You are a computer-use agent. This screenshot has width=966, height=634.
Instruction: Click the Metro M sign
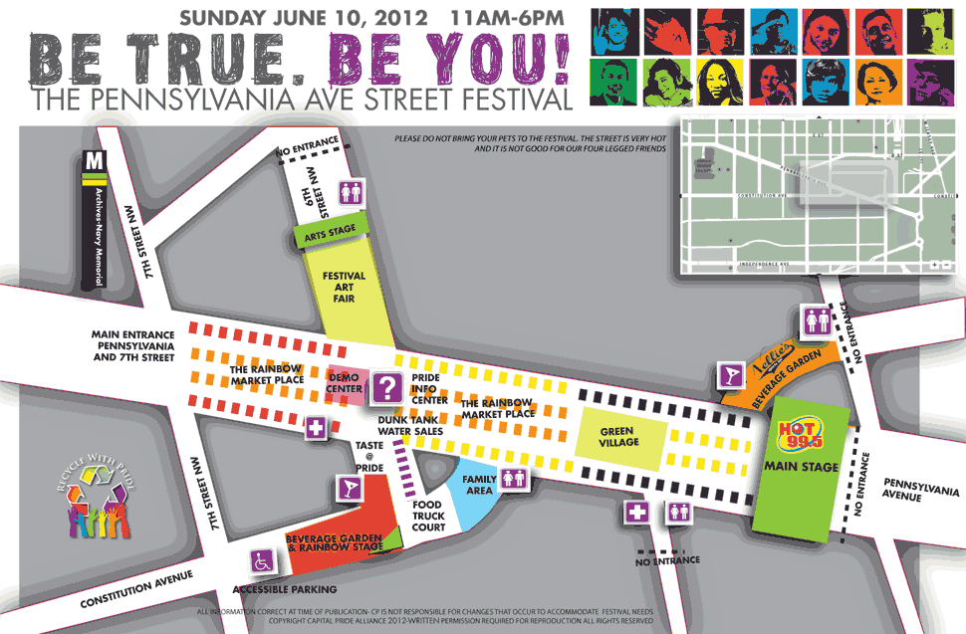95,160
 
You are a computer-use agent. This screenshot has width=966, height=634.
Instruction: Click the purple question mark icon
384,387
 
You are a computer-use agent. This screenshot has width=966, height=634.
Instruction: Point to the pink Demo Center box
345,382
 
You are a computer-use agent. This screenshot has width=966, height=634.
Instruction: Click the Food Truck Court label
428,516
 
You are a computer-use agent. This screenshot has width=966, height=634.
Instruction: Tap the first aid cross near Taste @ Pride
317,429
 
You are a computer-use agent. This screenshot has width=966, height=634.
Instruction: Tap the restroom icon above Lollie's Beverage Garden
816,319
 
